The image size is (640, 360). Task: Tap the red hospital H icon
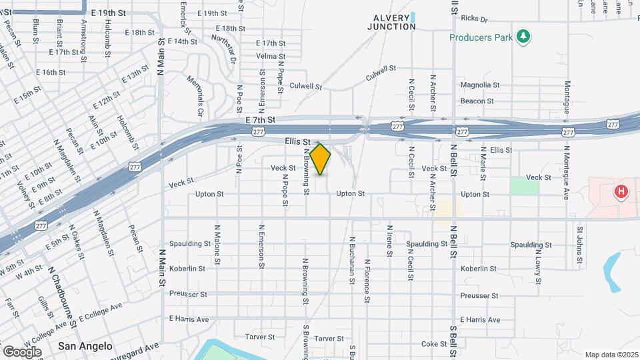tap(621, 193)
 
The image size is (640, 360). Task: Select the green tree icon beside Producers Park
tap(524, 36)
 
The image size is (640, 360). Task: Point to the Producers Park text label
tap(481, 37)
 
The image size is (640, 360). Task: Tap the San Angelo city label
tap(85, 346)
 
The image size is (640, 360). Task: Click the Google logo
tap(22, 352)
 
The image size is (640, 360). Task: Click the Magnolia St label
tap(480, 85)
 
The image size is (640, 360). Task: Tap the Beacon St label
tap(477, 101)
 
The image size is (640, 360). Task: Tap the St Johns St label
tap(580, 244)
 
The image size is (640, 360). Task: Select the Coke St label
tap(434, 344)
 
